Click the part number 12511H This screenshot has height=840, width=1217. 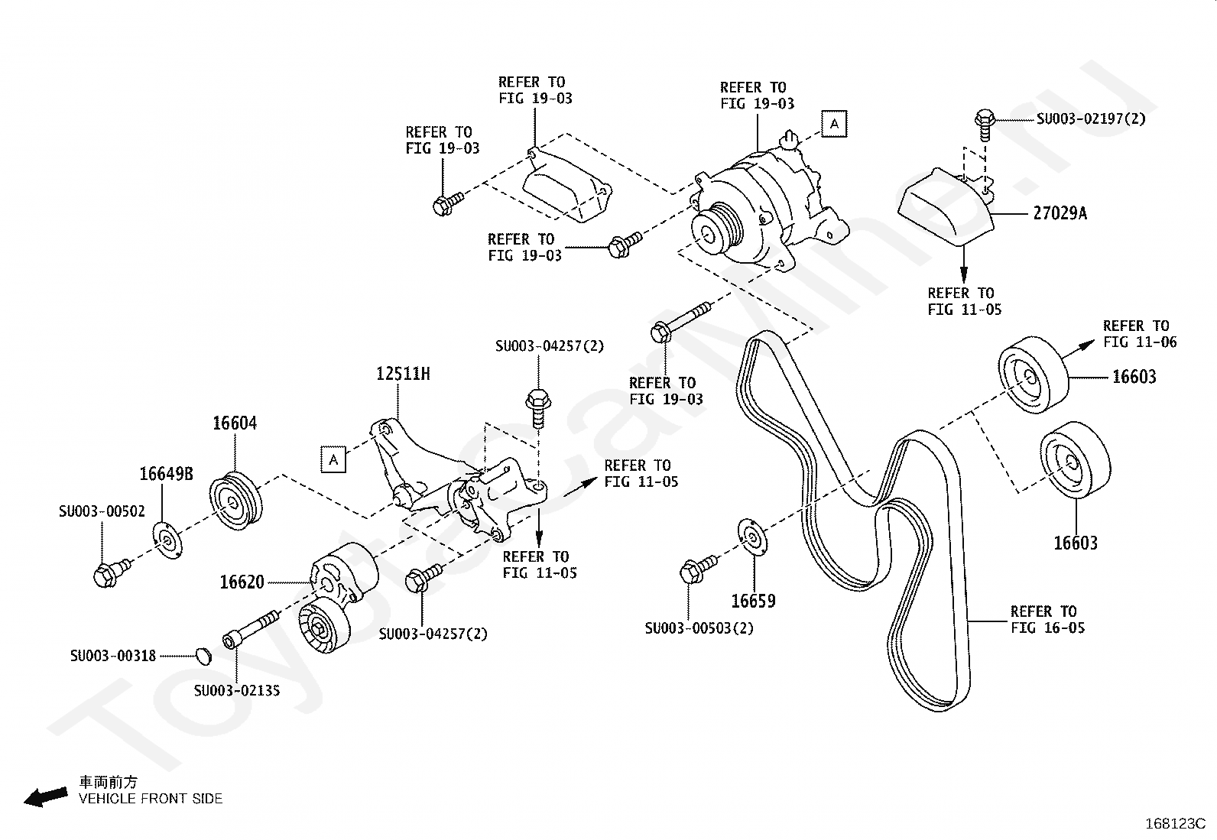coord(403,374)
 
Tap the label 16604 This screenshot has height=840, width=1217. coord(235,423)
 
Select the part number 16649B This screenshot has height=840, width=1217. coord(166,474)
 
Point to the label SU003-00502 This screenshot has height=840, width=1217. coord(102,511)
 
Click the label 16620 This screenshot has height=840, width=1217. coord(242,582)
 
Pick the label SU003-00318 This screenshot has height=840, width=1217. coord(113,656)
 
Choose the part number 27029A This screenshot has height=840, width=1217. coord(1060,213)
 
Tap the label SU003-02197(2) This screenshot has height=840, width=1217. coord(1091,118)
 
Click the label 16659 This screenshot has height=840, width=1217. coord(753,601)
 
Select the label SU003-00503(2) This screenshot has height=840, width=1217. coord(699,628)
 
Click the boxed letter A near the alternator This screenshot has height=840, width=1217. coord(834,124)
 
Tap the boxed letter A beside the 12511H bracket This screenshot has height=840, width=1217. coord(333,459)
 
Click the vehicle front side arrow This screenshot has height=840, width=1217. coord(46,797)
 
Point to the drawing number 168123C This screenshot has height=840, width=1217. coord(1175,824)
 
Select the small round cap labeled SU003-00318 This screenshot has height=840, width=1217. coord(203,656)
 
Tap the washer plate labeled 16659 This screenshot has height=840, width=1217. coord(752,537)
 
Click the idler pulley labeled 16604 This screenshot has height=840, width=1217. coord(235,502)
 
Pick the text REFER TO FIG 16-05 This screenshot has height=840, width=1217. coord(1047,619)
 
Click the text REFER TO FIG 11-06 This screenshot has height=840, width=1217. coord(1139,333)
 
